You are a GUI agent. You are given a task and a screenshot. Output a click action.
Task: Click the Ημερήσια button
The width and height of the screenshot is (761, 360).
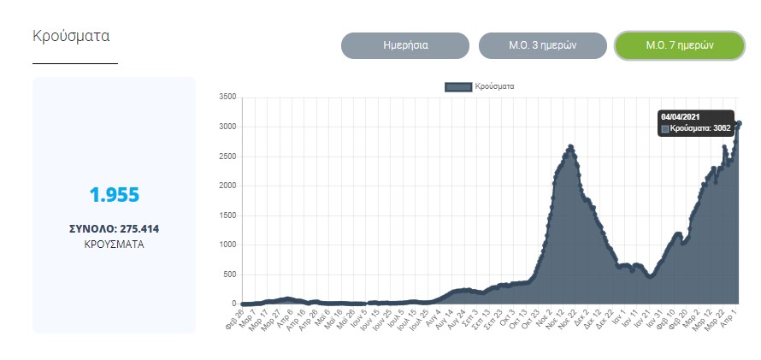(x=405, y=45)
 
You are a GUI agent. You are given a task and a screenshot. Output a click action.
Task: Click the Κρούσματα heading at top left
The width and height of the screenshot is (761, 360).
(x=71, y=36)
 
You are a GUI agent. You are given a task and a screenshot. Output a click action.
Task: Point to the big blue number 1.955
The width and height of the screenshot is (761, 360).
(x=114, y=195)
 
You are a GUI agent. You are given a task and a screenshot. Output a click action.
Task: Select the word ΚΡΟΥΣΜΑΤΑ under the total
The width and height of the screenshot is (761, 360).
(x=114, y=244)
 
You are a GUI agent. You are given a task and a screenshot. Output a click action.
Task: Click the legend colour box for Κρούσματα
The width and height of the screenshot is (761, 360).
(x=458, y=86)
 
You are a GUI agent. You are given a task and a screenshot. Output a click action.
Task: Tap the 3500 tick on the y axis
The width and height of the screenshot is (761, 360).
(x=227, y=97)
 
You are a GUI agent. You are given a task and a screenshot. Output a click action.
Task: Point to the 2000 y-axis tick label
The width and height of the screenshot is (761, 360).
(x=227, y=186)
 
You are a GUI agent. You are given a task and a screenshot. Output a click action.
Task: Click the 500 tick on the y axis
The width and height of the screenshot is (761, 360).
(x=229, y=274)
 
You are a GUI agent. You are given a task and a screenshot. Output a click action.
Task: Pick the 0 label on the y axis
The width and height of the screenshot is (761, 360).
(x=233, y=304)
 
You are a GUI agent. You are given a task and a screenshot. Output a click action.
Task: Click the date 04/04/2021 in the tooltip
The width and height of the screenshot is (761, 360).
(x=681, y=116)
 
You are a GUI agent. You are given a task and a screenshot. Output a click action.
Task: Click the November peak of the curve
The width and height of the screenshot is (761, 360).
(x=570, y=147)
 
